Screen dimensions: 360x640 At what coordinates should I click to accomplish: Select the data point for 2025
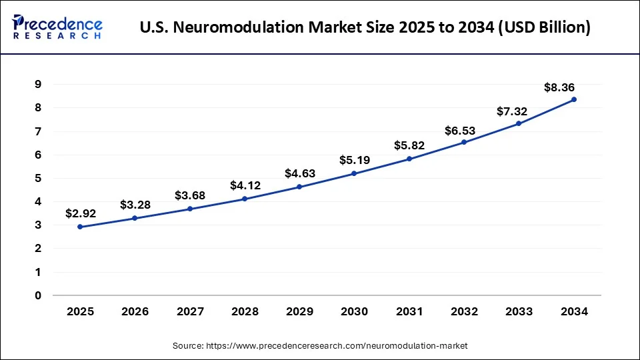pyautogui.click(x=80, y=227)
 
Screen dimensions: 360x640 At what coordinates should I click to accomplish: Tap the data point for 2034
pyautogui.click(x=574, y=99)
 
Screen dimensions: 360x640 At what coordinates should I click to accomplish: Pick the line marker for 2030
pyautogui.click(x=354, y=173)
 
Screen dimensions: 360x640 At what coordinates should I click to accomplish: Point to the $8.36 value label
pyautogui.click(x=559, y=87)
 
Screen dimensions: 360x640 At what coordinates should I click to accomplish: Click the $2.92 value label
pyautogui.click(x=81, y=213)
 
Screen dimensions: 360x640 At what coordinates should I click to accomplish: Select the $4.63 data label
pyautogui.click(x=300, y=173)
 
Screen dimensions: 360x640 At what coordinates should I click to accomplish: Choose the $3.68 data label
pyautogui.click(x=190, y=195)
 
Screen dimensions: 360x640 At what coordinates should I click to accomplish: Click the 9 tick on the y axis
pyautogui.click(x=38, y=84)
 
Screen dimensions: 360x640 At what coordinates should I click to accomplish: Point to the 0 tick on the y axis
pyautogui.click(x=38, y=295)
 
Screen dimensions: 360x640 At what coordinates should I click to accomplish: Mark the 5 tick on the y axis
pyautogui.click(x=38, y=178)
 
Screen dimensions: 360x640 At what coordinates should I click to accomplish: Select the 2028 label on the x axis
pyautogui.click(x=245, y=311)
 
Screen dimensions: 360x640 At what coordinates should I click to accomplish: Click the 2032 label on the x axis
pyautogui.click(x=464, y=311)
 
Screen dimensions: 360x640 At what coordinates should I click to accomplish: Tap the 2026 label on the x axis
pyautogui.click(x=135, y=311)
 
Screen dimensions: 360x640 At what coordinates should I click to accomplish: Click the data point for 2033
pyautogui.click(x=519, y=123)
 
